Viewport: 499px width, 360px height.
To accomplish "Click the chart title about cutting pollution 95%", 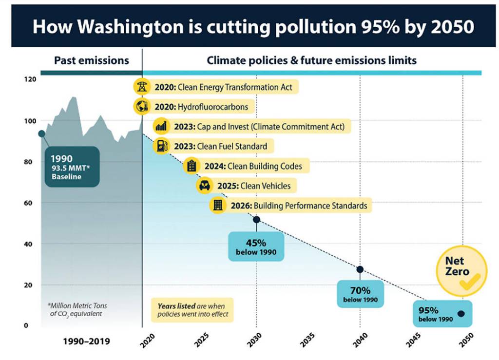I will (253, 27).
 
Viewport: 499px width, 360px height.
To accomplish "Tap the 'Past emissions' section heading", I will (92, 60).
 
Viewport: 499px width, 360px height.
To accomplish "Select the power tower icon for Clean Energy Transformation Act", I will (142, 87).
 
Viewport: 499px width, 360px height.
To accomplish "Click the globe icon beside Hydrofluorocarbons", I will (142, 106).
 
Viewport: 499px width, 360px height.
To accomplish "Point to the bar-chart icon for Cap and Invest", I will (161, 127).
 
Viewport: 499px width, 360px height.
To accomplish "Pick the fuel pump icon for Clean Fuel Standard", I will (161, 146).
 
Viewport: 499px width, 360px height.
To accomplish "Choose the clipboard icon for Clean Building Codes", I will (192, 166).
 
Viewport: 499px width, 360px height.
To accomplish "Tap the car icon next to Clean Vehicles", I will (204, 186).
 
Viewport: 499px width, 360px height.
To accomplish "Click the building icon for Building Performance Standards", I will (217, 205).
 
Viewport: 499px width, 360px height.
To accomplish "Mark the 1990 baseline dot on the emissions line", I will (41, 133).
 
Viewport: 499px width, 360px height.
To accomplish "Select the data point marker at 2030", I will (256, 220).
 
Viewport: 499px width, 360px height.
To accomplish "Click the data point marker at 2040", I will (360, 269).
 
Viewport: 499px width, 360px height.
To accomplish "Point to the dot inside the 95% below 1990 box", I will (461, 314).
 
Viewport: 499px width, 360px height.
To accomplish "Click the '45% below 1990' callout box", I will (256, 246).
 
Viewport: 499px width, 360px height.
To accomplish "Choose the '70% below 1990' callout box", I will (360, 294).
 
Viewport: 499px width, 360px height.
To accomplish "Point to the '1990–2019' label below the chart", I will (87, 341).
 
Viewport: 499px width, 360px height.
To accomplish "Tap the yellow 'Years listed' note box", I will (192, 310).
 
